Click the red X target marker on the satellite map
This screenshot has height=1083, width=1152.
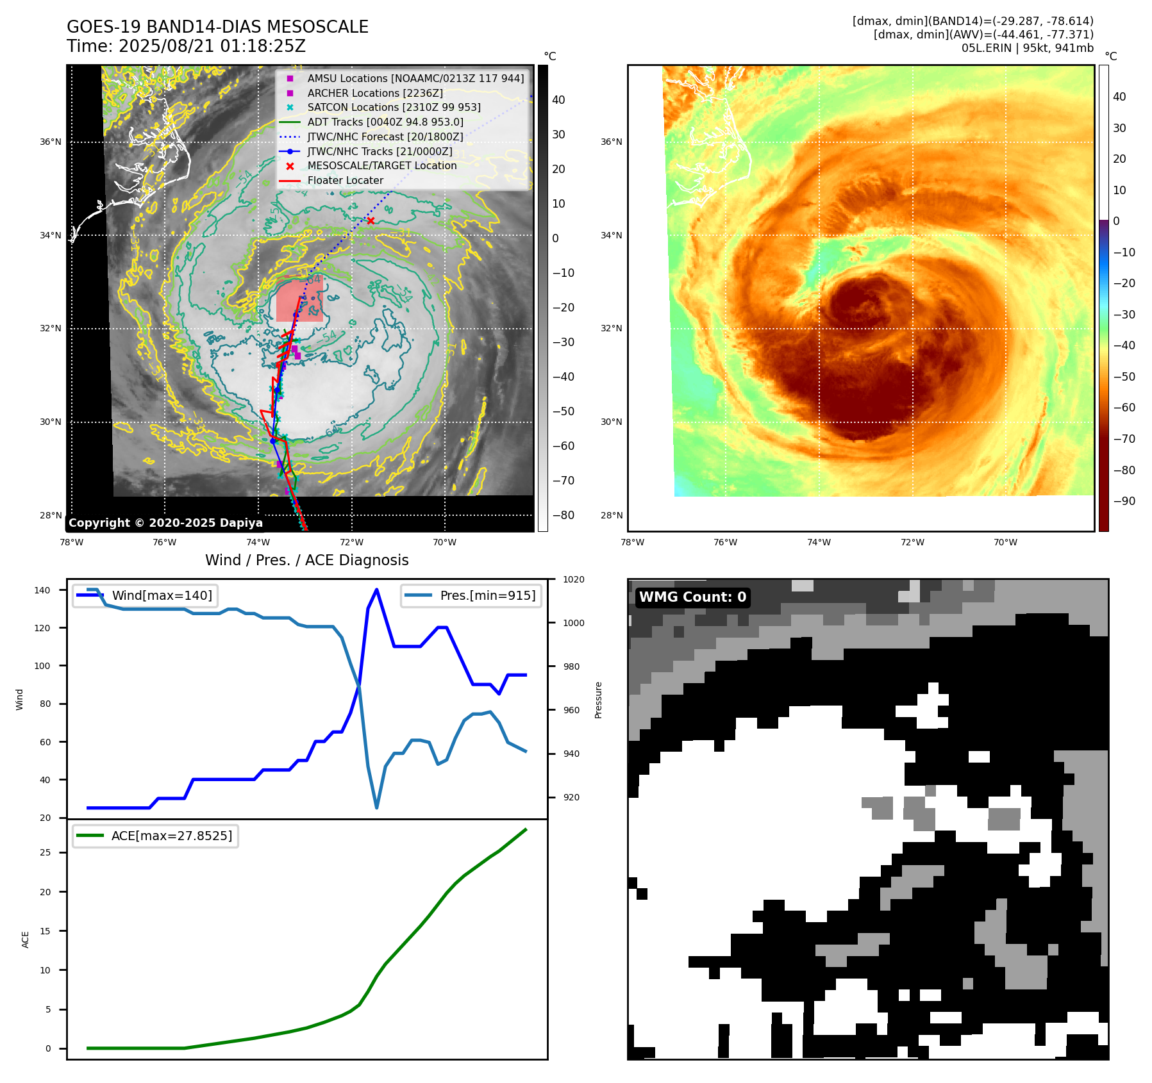371,220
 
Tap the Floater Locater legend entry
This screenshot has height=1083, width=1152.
345,180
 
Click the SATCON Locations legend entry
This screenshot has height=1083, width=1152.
394,107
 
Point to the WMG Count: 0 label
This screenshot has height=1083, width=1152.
692,597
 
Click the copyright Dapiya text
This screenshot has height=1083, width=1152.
165,522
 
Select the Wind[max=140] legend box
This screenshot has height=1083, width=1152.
145,595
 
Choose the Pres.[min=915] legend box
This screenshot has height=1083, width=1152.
471,595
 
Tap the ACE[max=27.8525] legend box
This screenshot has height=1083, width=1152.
155,836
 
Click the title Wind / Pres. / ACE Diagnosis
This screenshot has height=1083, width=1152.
306,560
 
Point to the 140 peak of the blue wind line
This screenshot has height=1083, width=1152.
376,590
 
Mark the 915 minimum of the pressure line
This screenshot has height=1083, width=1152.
376,807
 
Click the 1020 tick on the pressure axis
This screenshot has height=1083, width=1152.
573,579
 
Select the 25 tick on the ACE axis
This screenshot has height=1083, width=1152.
46,852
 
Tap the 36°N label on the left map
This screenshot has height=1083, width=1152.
51,142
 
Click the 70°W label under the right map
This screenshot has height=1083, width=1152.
1005,542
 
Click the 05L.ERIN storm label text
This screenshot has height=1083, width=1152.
1027,47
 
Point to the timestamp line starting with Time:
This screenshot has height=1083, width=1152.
186,46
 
